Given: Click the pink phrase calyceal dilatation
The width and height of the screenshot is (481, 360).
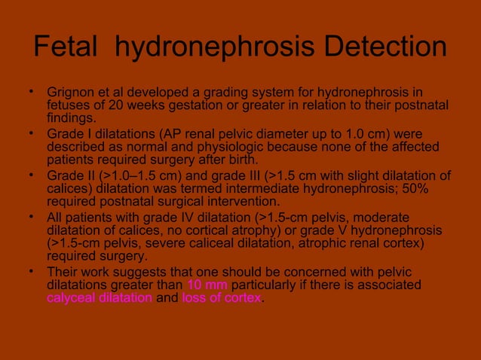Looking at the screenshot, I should click(99, 297).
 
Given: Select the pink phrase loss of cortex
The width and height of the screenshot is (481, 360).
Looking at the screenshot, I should click(222, 297).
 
